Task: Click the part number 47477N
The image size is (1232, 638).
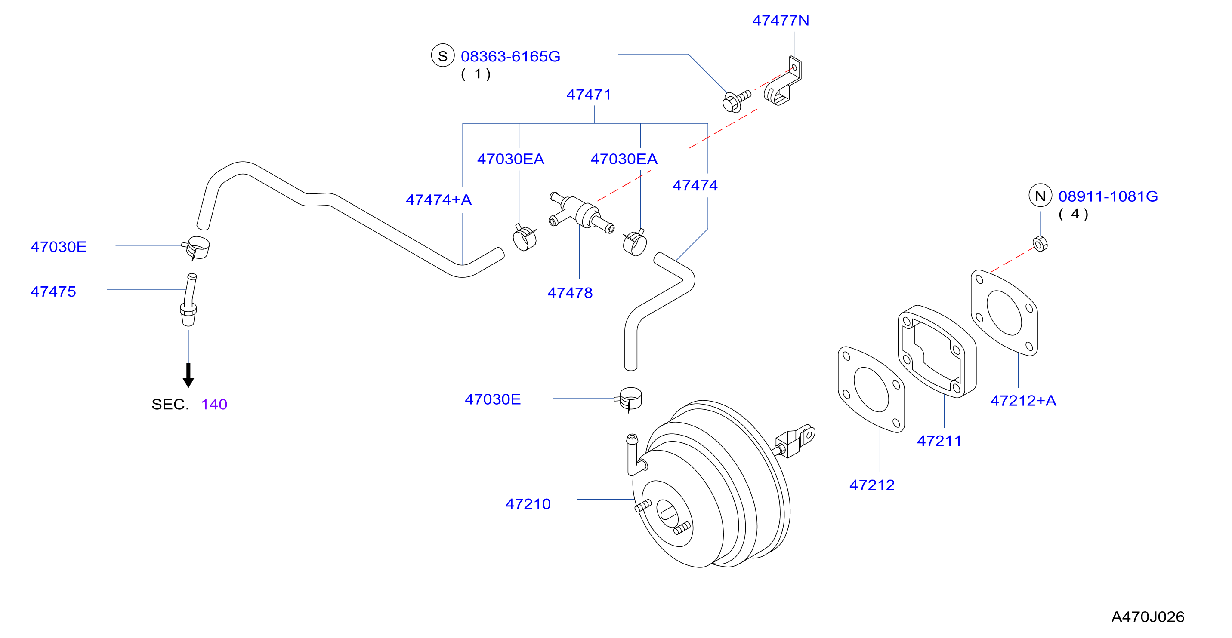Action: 781,21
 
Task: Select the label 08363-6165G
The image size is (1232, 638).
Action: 510,56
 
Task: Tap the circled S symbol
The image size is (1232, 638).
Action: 443,55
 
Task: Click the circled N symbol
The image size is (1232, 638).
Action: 1040,196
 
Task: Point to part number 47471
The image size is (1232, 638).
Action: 589,95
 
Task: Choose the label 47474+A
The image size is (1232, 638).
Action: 438,200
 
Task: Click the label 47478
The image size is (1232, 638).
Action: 570,293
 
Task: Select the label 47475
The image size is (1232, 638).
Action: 53,291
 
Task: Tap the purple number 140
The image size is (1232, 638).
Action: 214,404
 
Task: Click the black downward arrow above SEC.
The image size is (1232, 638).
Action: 188,375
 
